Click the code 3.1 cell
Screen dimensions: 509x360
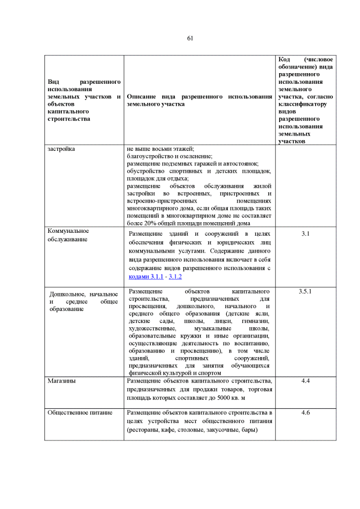(305, 233)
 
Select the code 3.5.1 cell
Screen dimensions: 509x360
(305, 291)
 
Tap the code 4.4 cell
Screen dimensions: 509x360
(305, 381)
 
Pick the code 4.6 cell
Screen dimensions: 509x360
(305, 413)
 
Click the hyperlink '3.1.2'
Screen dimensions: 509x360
(175, 277)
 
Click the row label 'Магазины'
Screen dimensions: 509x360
(62, 381)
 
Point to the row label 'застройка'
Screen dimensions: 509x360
(62, 148)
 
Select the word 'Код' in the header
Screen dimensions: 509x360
(285, 60)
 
